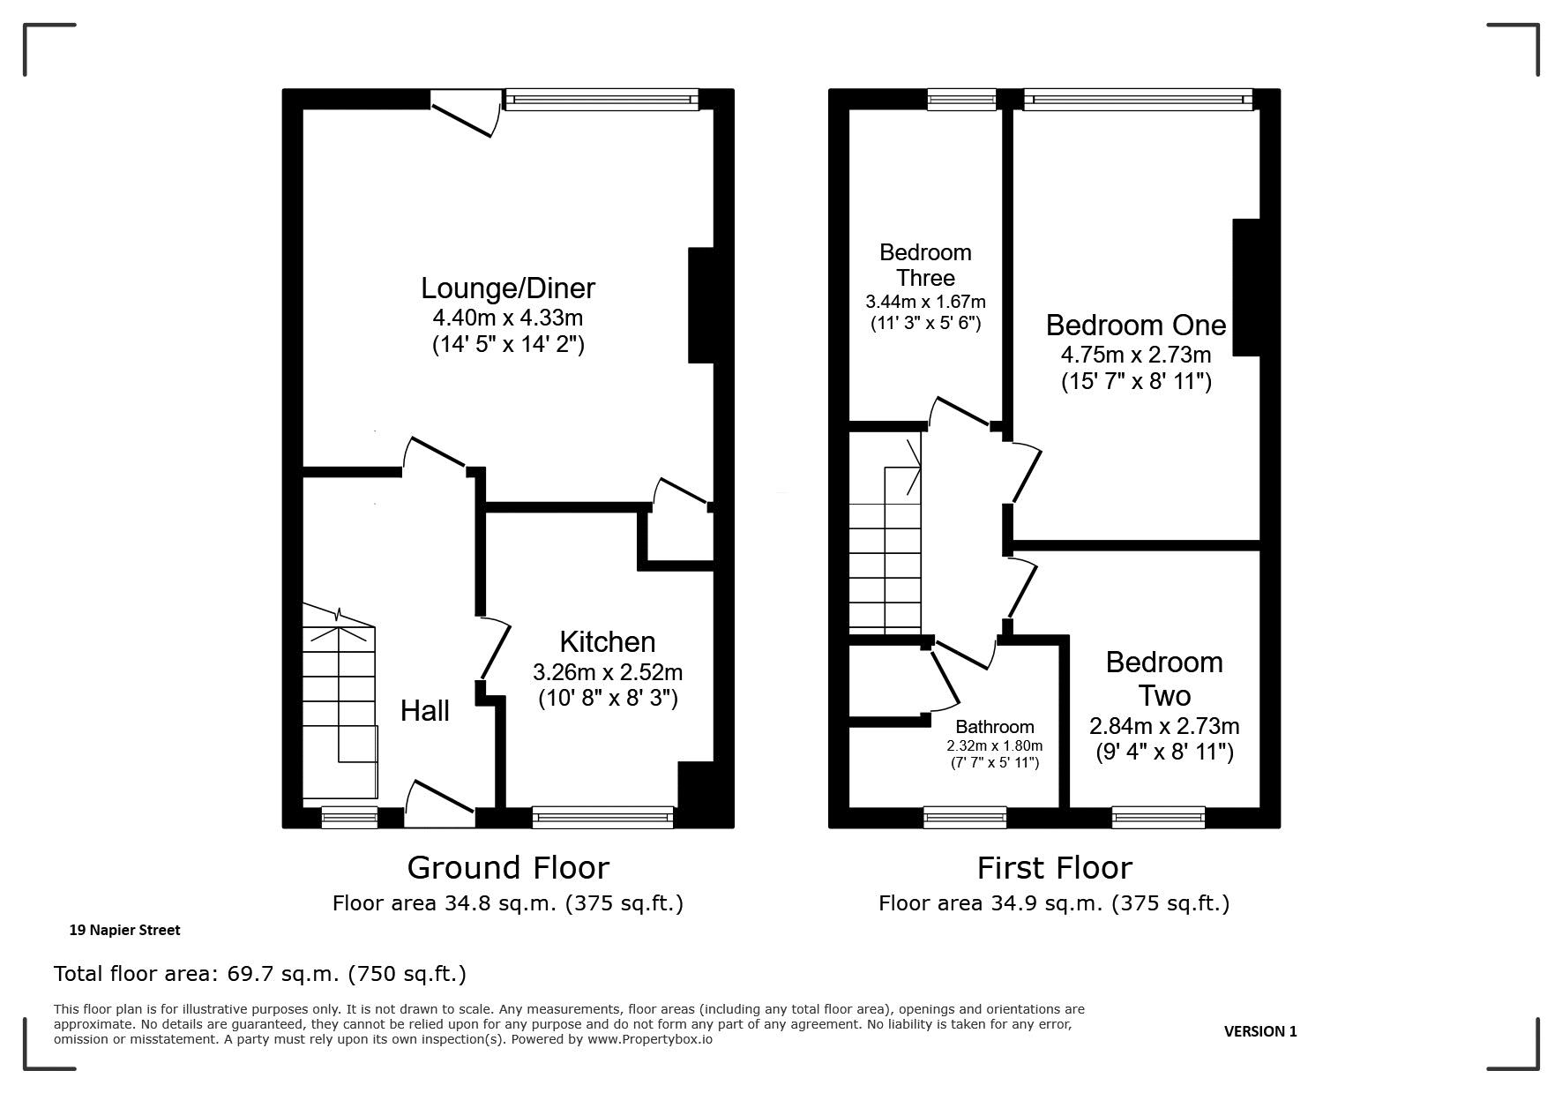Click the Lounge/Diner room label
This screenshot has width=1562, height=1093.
click(x=508, y=288)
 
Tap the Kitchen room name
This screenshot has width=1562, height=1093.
click(x=608, y=641)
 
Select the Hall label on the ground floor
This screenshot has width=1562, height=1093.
click(x=425, y=711)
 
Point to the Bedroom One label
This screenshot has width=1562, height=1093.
click(x=1136, y=325)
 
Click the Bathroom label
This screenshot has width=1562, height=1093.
click(x=995, y=727)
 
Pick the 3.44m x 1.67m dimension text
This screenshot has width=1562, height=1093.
click(x=925, y=302)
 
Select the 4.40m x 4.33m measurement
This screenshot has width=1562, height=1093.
click(x=508, y=318)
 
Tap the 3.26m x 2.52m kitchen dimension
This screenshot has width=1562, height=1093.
click(x=608, y=672)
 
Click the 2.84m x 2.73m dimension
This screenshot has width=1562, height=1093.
click(x=1164, y=726)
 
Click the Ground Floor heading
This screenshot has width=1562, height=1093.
click(x=508, y=868)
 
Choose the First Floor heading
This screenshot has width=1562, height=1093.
click(x=1054, y=868)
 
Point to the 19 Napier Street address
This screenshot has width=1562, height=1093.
click(x=124, y=930)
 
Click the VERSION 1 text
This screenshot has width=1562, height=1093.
click(x=1260, y=1031)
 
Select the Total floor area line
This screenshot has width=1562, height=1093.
click(x=260, y=974)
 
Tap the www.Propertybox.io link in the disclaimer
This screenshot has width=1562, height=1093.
click(x=650, y=1039)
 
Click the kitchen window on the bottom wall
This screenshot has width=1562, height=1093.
click(x=603, y=818)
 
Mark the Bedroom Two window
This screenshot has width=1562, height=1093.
click(x=1159, y=818)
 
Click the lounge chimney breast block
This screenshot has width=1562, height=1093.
click(x=700, y=305)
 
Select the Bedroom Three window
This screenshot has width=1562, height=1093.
click(x=961, y=100)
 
